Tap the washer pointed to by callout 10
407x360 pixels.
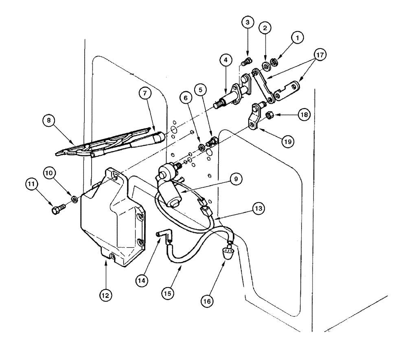[x=75, y=199]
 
